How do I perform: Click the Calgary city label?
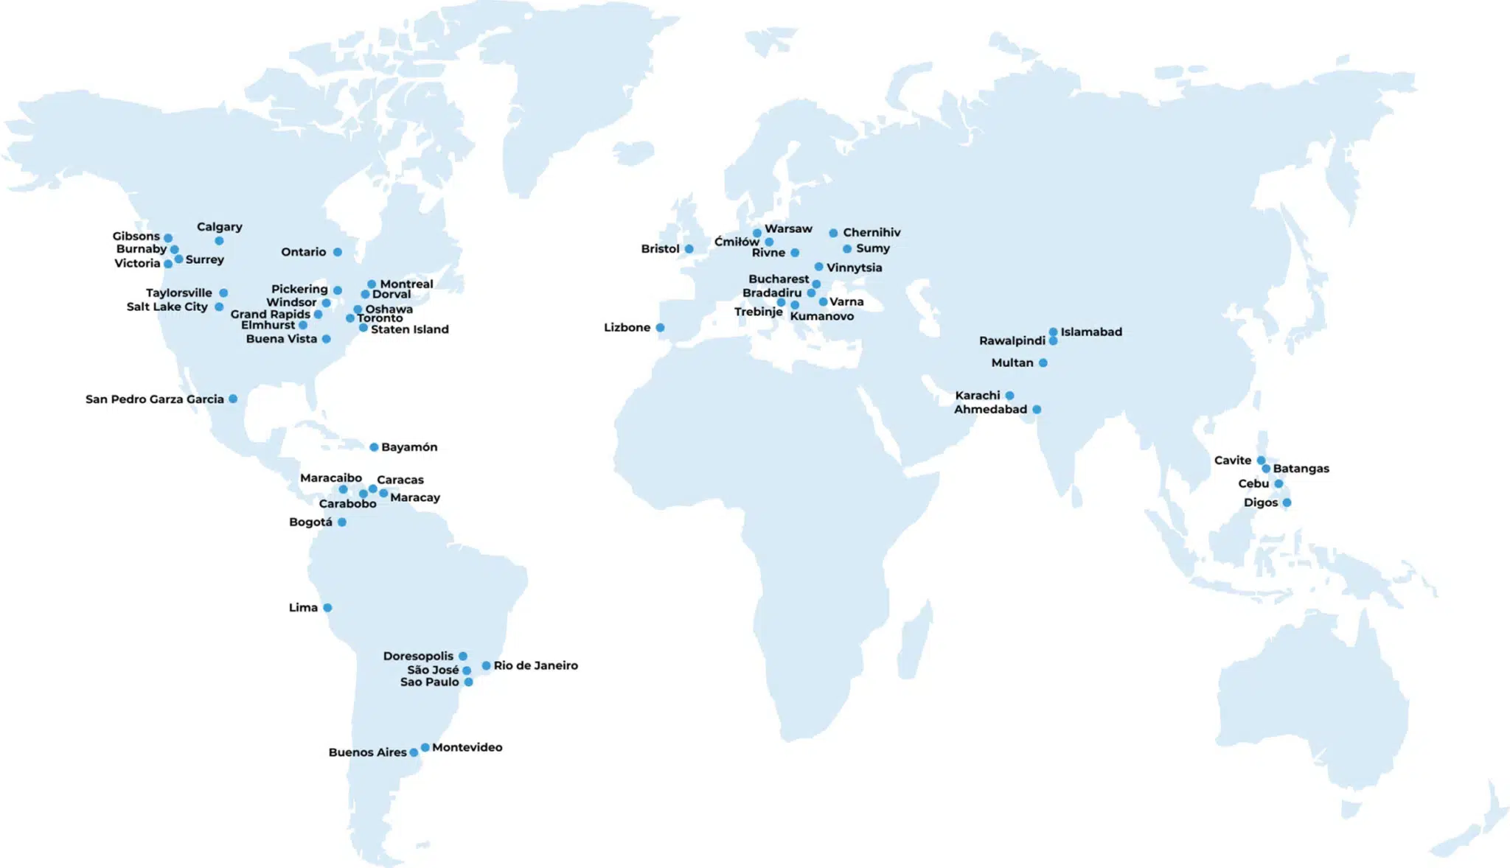(x=219, y=227)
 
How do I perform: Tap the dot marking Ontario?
(x=337, y=252)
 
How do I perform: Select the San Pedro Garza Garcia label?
(x=154, y=399)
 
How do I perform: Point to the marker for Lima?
(x=327, y=608)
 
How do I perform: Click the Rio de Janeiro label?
(x=535, y=665)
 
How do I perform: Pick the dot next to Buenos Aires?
(x=414, y=752)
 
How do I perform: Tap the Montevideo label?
(x=467, y=747)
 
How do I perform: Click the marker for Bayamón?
(x=374, y=447)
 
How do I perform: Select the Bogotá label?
(x=310, y=522)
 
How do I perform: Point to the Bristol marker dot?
(x=689, y=249)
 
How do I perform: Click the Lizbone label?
(x=627, y=328)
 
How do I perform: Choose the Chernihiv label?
(x=871, y=233)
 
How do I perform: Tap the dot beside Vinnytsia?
(x=818, y=267)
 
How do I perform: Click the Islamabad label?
(x=1091, y=332)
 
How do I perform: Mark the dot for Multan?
(x=1043, y=363)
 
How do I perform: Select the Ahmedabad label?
(x=990, y=410)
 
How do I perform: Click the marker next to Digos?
(x=1287, y=503)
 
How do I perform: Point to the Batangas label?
(x=1301, y=469)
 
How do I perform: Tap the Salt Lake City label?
(x=167, y=307)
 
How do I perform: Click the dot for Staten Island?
(x=363, y=328)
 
